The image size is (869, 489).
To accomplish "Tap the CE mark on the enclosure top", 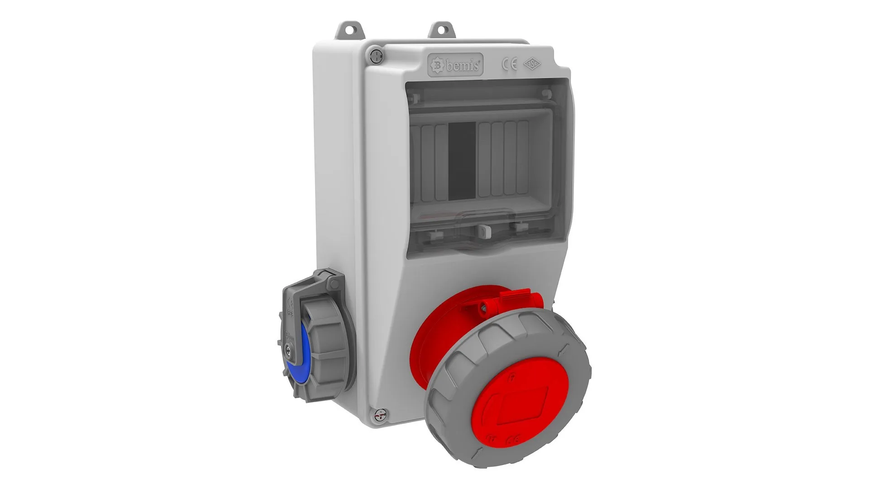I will [x=509, y=65].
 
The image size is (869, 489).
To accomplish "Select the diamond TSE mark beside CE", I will [x=532, y=64].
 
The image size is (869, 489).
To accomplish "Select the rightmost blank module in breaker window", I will [x=523, y=158].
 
